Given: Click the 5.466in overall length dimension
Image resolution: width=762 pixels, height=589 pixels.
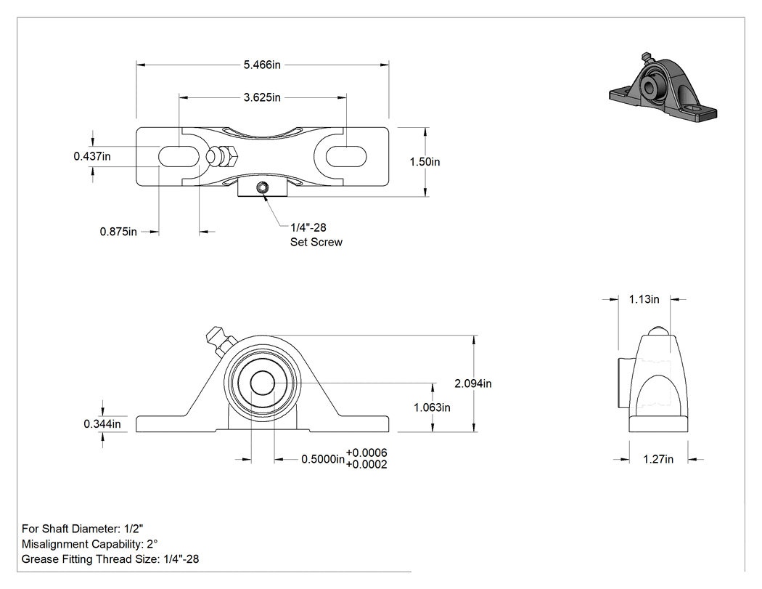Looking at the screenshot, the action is point(262,65).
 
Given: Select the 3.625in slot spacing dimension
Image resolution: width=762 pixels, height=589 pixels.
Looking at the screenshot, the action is point(262,97).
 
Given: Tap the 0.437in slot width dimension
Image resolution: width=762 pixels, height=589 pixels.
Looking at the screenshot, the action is point(92,156).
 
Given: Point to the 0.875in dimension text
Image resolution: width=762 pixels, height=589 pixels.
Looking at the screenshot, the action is point(118,232).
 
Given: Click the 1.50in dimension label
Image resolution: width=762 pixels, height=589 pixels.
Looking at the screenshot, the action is point(425,161).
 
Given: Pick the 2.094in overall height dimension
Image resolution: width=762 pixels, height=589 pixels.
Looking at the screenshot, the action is point(473,383).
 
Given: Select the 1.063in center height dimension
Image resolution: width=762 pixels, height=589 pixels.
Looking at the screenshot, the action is point(432,407).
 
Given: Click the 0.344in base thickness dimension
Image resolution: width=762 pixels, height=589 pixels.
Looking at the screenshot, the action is point(102,423).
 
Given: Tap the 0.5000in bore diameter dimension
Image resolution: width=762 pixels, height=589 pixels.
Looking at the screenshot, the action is point(323,459).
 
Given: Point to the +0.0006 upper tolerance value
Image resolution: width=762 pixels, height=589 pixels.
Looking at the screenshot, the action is point(366,452).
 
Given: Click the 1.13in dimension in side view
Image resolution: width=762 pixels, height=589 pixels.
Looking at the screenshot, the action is point(644,299).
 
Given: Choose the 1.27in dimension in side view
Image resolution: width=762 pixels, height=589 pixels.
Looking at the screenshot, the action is point(658,459).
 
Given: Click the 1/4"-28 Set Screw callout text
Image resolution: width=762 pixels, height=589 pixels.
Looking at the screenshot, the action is point(316,235).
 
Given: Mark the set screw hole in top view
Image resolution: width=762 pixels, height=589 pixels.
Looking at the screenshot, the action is point(263,188).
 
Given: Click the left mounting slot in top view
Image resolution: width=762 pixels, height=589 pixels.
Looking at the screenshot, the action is point(179,156).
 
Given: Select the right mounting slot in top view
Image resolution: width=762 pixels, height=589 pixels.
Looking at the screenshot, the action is point(346,156).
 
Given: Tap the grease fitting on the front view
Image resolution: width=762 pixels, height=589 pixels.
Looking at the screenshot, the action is point(219,341).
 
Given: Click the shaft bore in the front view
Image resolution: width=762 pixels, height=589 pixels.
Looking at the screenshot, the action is point(263,383).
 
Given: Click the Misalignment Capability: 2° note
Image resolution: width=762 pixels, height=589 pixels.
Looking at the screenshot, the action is point(90,544).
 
